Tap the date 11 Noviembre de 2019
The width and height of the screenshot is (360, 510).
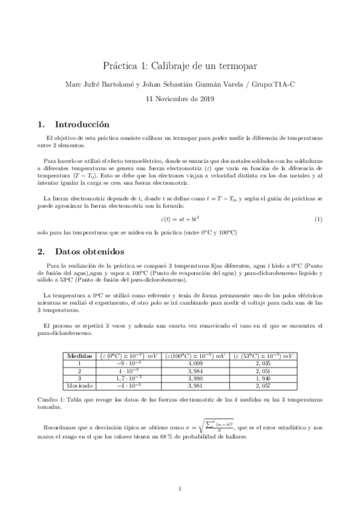point(180,98)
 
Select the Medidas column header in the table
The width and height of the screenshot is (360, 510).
point(80,356)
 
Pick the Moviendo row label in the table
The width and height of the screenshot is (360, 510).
point(80,386)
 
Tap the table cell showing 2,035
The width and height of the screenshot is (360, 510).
point(265,363)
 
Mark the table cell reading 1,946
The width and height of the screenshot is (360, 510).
point(265,378)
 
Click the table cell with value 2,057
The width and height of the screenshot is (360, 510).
point(265,386)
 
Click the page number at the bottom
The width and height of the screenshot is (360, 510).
point(180,488)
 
